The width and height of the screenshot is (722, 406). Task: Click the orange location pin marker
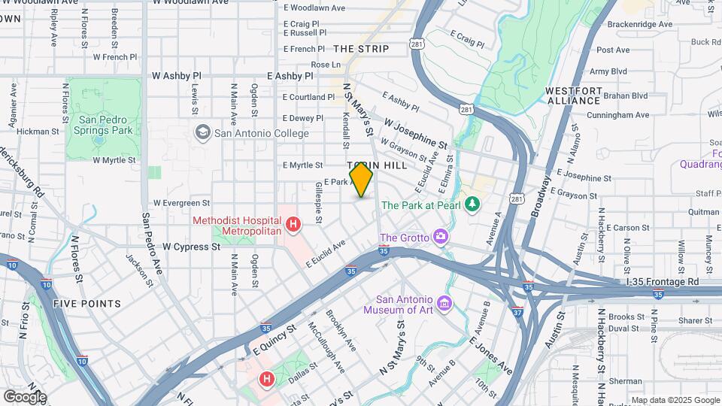(361, 180)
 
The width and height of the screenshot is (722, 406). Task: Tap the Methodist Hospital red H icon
(294, 224)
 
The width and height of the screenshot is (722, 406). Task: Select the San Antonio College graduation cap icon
(202, 133)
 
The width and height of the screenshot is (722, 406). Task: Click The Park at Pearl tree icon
(472, 205)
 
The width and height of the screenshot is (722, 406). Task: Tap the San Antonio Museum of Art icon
(444, 304)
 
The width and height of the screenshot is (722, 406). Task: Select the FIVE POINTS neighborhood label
(87, 304)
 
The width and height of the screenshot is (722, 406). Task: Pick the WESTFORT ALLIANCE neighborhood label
(575, 95)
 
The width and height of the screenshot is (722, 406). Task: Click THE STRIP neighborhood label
(361, 49)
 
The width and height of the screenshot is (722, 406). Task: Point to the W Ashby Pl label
(177, 76)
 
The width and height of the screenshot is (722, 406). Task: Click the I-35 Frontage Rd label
(662, 281)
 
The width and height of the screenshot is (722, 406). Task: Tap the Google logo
(25, 396)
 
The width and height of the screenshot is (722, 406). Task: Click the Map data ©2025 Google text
(675, 400)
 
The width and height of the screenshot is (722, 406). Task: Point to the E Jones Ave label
(490, 354)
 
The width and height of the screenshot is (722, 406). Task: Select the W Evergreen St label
(181, 203)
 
